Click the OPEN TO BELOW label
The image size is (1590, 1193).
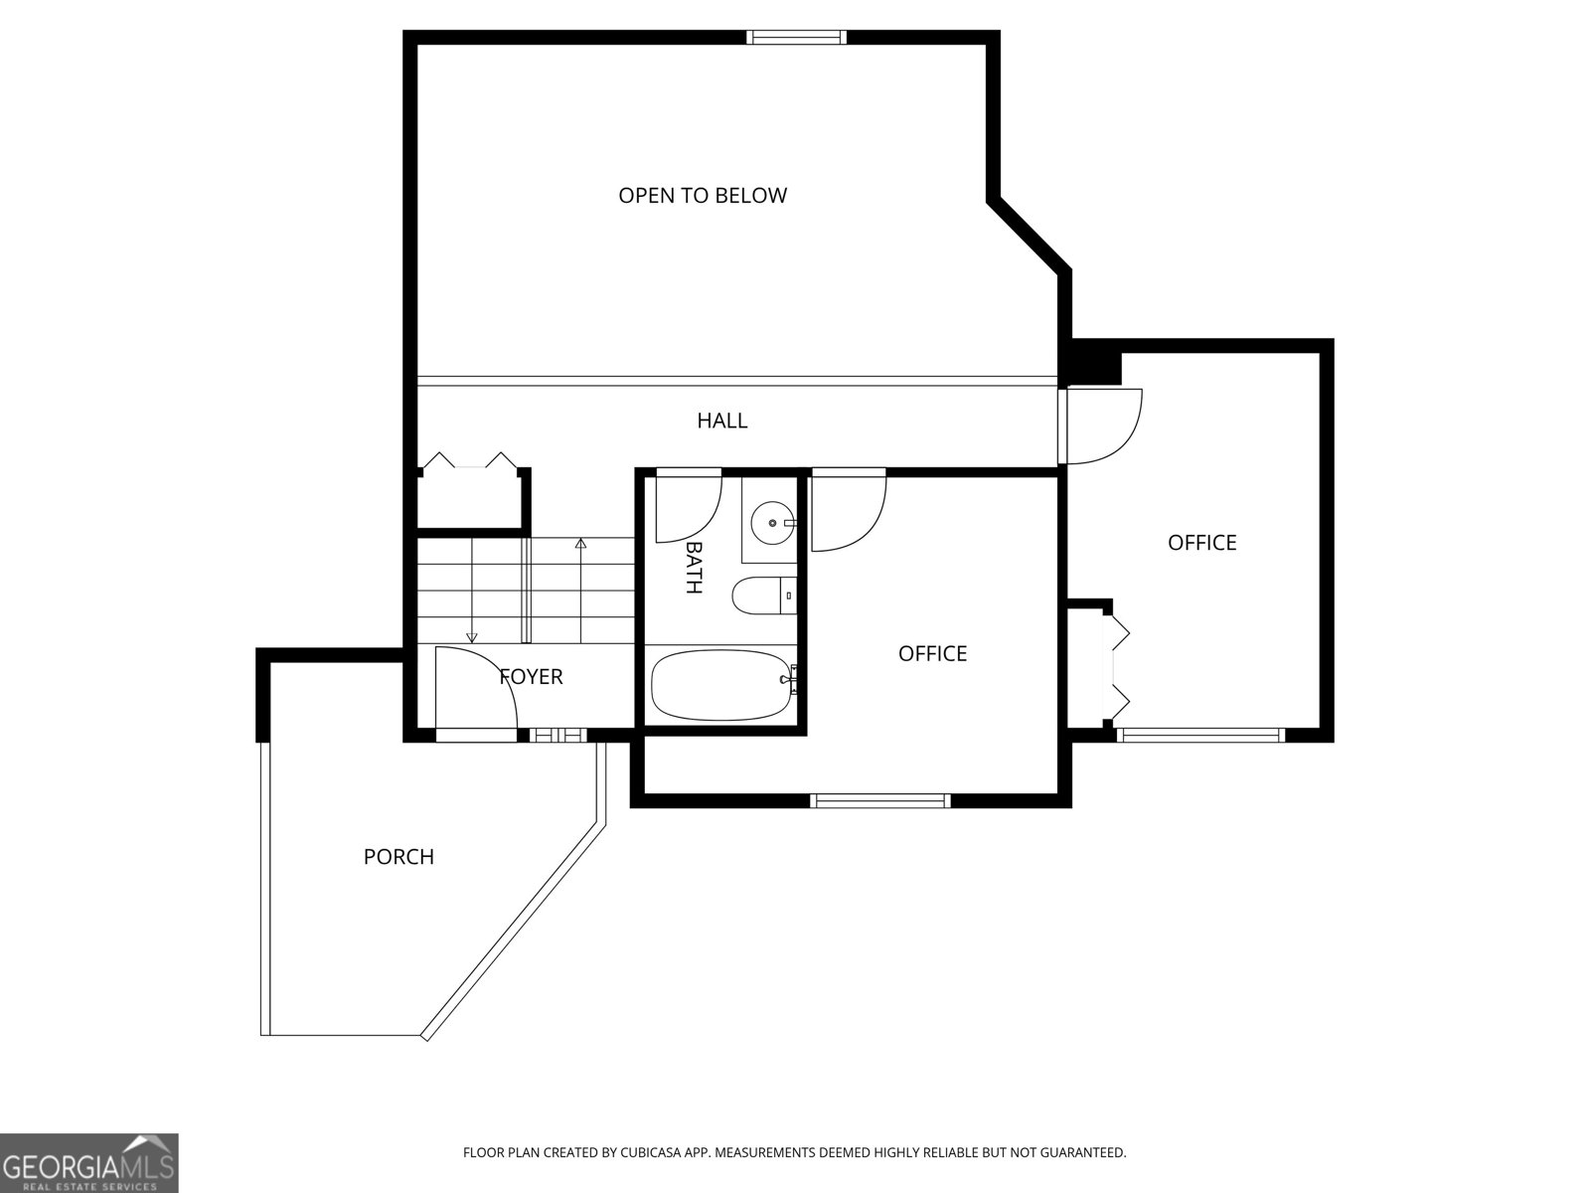point(703,196)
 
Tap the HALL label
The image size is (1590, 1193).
point(721,421)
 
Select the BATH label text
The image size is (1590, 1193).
point(694,568)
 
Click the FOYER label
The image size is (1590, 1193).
point(531,677)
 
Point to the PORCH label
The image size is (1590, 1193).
point(398,857)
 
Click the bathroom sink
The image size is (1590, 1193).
point(772,522)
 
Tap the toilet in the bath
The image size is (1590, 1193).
point(763,596)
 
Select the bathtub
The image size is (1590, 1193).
point(722,685)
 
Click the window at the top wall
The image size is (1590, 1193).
point(797,38)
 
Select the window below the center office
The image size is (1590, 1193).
point(880,800)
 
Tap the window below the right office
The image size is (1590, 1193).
point(1200,736)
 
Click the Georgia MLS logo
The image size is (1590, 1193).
point(88,1162)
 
